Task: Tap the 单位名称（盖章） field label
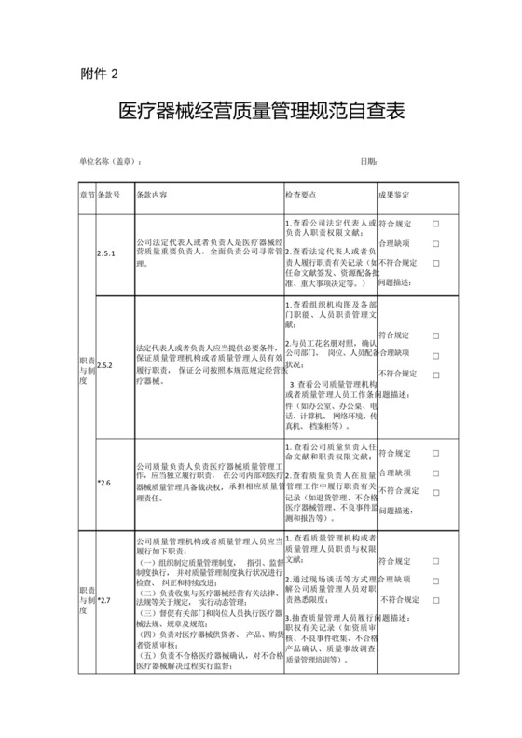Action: click(x=110, y=161)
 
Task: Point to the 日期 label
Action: click(x=368, y=161)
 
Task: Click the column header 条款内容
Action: click(x=152, y=197)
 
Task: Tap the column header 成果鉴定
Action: click(x=393, y=197)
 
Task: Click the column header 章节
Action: click(x=87, y=197)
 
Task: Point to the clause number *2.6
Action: click(x=103, y=483)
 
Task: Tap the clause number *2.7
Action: click(x=103, y=598)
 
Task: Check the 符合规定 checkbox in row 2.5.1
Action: click(x=435, y=225)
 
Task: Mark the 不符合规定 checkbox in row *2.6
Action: click(x=435, y=490)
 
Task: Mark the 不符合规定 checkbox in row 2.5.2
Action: click(x=435, y=374)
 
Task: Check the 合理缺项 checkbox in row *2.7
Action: click(x=435, y=580)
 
